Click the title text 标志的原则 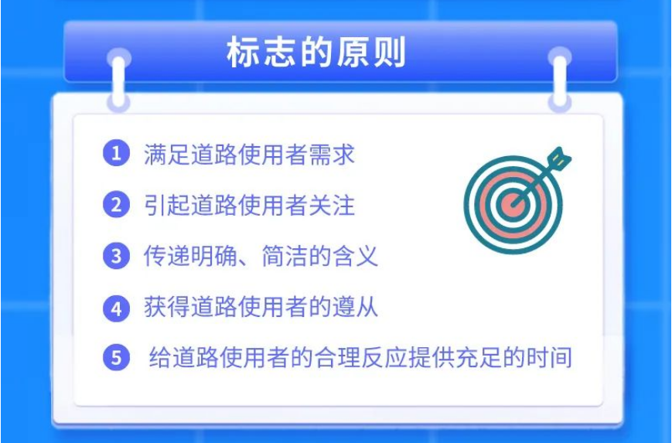click(316, 53)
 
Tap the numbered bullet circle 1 click(116, 153)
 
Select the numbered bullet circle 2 click(116, 204)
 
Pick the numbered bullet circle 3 click(116, 256)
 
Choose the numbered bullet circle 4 click(116, 308)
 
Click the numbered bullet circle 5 click(116, 357)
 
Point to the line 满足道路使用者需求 click(250, 154)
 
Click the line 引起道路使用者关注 click(250, 205)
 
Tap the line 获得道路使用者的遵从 click(261, 307)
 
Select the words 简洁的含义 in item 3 click(319, 256)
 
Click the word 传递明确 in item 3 click(190, 256)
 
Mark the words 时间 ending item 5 click(549, 357)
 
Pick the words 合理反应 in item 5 click(361, 357)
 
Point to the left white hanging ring click(118, 80)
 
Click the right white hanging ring click(560, 80)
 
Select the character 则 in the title click(389, 53)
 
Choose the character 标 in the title click(243, 53)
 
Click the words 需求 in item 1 click(332, 154)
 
